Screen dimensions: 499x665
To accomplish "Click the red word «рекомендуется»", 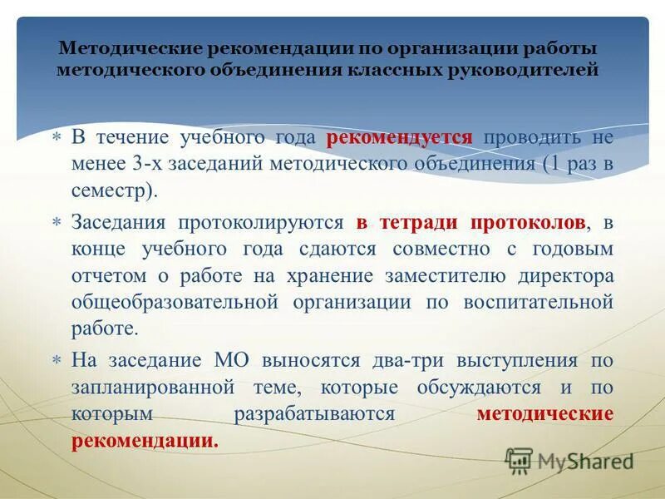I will (x=400, y=137).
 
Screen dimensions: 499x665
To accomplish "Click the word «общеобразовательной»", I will (x=174, y=302).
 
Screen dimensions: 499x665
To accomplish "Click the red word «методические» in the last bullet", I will (x=545, y=413).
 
